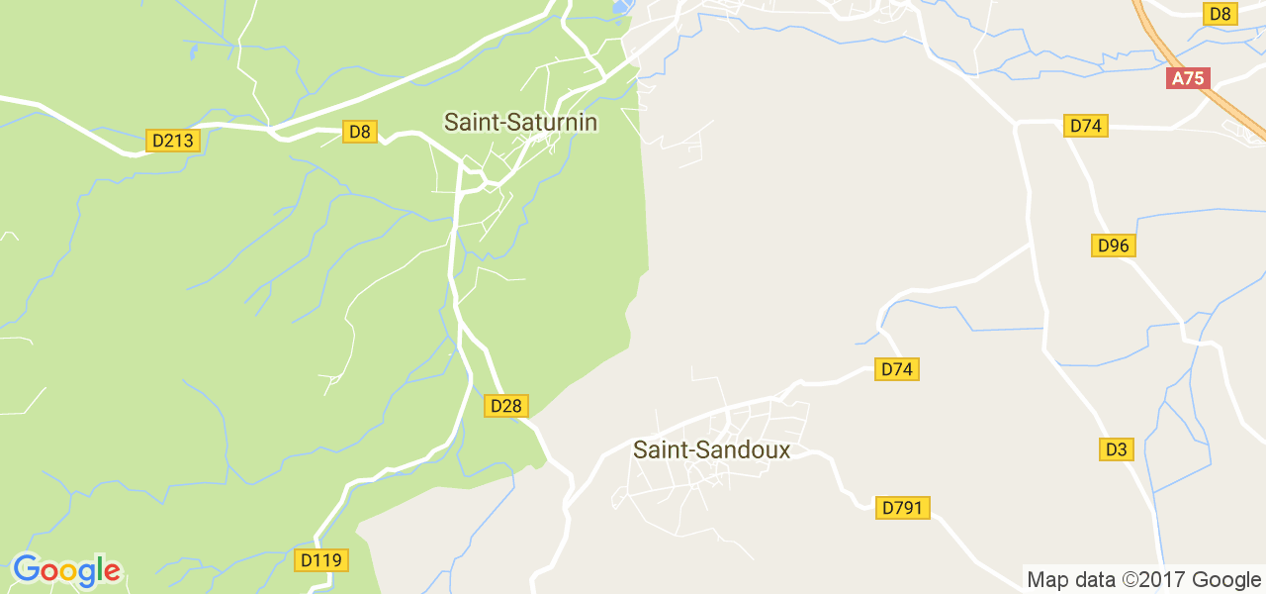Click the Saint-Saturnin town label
[x=520, y=122]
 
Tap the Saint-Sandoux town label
[x=711, y=450]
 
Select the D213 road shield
[x=173, y=141]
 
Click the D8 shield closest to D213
[x=360, y=132]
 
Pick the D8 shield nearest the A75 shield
[x=1221, y=13]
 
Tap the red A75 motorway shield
[x=1189, y=78]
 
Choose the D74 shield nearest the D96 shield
[x=1086, y=126]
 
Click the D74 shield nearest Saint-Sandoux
[x=897, y=369]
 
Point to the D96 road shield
[x=1113, y=246]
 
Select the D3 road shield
[x=1116, y=449]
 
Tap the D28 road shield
[x=506, y=405]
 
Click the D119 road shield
[x=320, y=560]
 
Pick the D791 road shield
[x=902, y=508]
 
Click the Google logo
[x=66, y=571]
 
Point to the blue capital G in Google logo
[x=26, y=569]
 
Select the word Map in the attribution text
[x=1047, y=580]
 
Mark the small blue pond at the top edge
[x=621, y=7]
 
